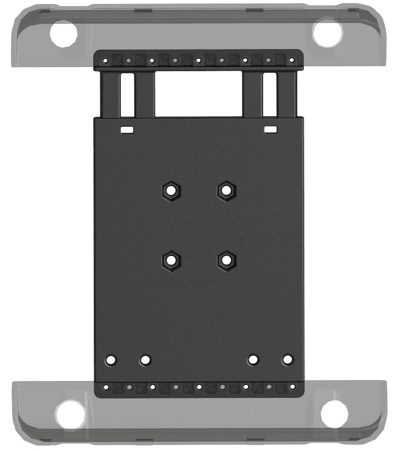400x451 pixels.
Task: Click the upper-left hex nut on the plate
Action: [x=171, y=190]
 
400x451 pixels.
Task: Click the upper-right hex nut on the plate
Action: [x=227, y=190]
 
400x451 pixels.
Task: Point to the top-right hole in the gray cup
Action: [x=327, y=34]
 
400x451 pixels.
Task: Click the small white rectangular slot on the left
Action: [x=127, y=130]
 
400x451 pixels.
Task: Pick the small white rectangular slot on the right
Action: [x=271, y=130]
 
